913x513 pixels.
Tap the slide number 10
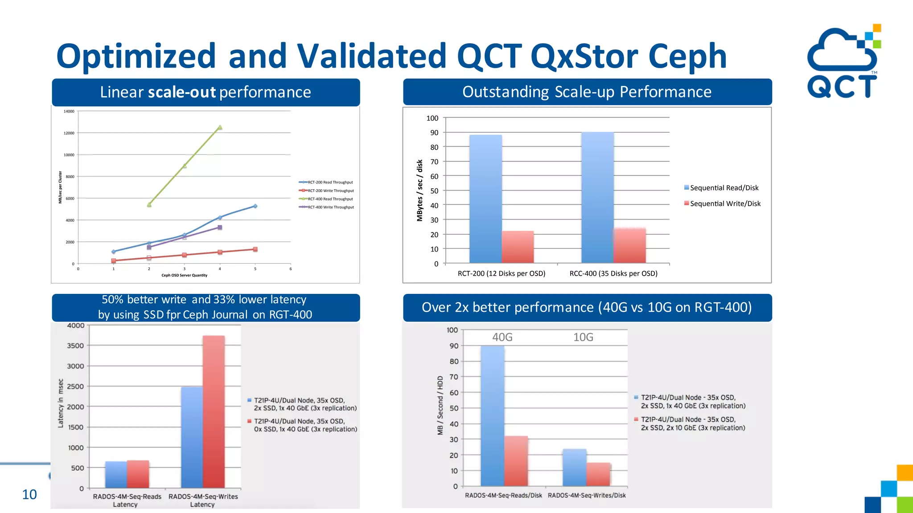point(29,494)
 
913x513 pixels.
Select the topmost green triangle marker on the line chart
point(220,127)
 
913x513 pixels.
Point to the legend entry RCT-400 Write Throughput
point(330,207)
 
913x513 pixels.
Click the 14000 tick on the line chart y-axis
point(69,111)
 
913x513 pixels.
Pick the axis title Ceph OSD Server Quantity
point(184,275)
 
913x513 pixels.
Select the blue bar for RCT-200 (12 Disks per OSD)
point(485,199)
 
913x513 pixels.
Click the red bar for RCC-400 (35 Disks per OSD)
point(629,245)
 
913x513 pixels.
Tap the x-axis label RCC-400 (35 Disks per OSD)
point(613,273)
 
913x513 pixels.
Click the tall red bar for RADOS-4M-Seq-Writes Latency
point(214,411)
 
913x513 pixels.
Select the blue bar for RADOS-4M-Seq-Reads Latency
point(116,474)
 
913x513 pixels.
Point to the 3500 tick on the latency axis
point(75,346)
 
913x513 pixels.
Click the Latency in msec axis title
point(61,403)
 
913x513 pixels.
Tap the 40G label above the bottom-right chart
point(502,337)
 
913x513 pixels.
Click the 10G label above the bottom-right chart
point(583,337)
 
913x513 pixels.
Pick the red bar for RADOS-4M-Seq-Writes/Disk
point(598,474)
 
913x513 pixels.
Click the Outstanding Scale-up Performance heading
point(587,92)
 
